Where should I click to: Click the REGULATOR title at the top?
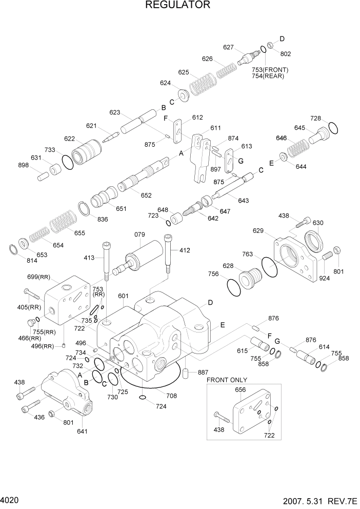point(177,6)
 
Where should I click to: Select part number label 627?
point(228,47)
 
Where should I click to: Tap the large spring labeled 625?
point(202,83)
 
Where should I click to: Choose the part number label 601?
point(123,296)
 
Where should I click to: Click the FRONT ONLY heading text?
point(227,380)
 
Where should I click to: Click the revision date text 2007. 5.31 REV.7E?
point(317,500)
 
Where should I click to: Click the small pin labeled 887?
point(187,373)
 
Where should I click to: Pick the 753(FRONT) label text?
point(270,69)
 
